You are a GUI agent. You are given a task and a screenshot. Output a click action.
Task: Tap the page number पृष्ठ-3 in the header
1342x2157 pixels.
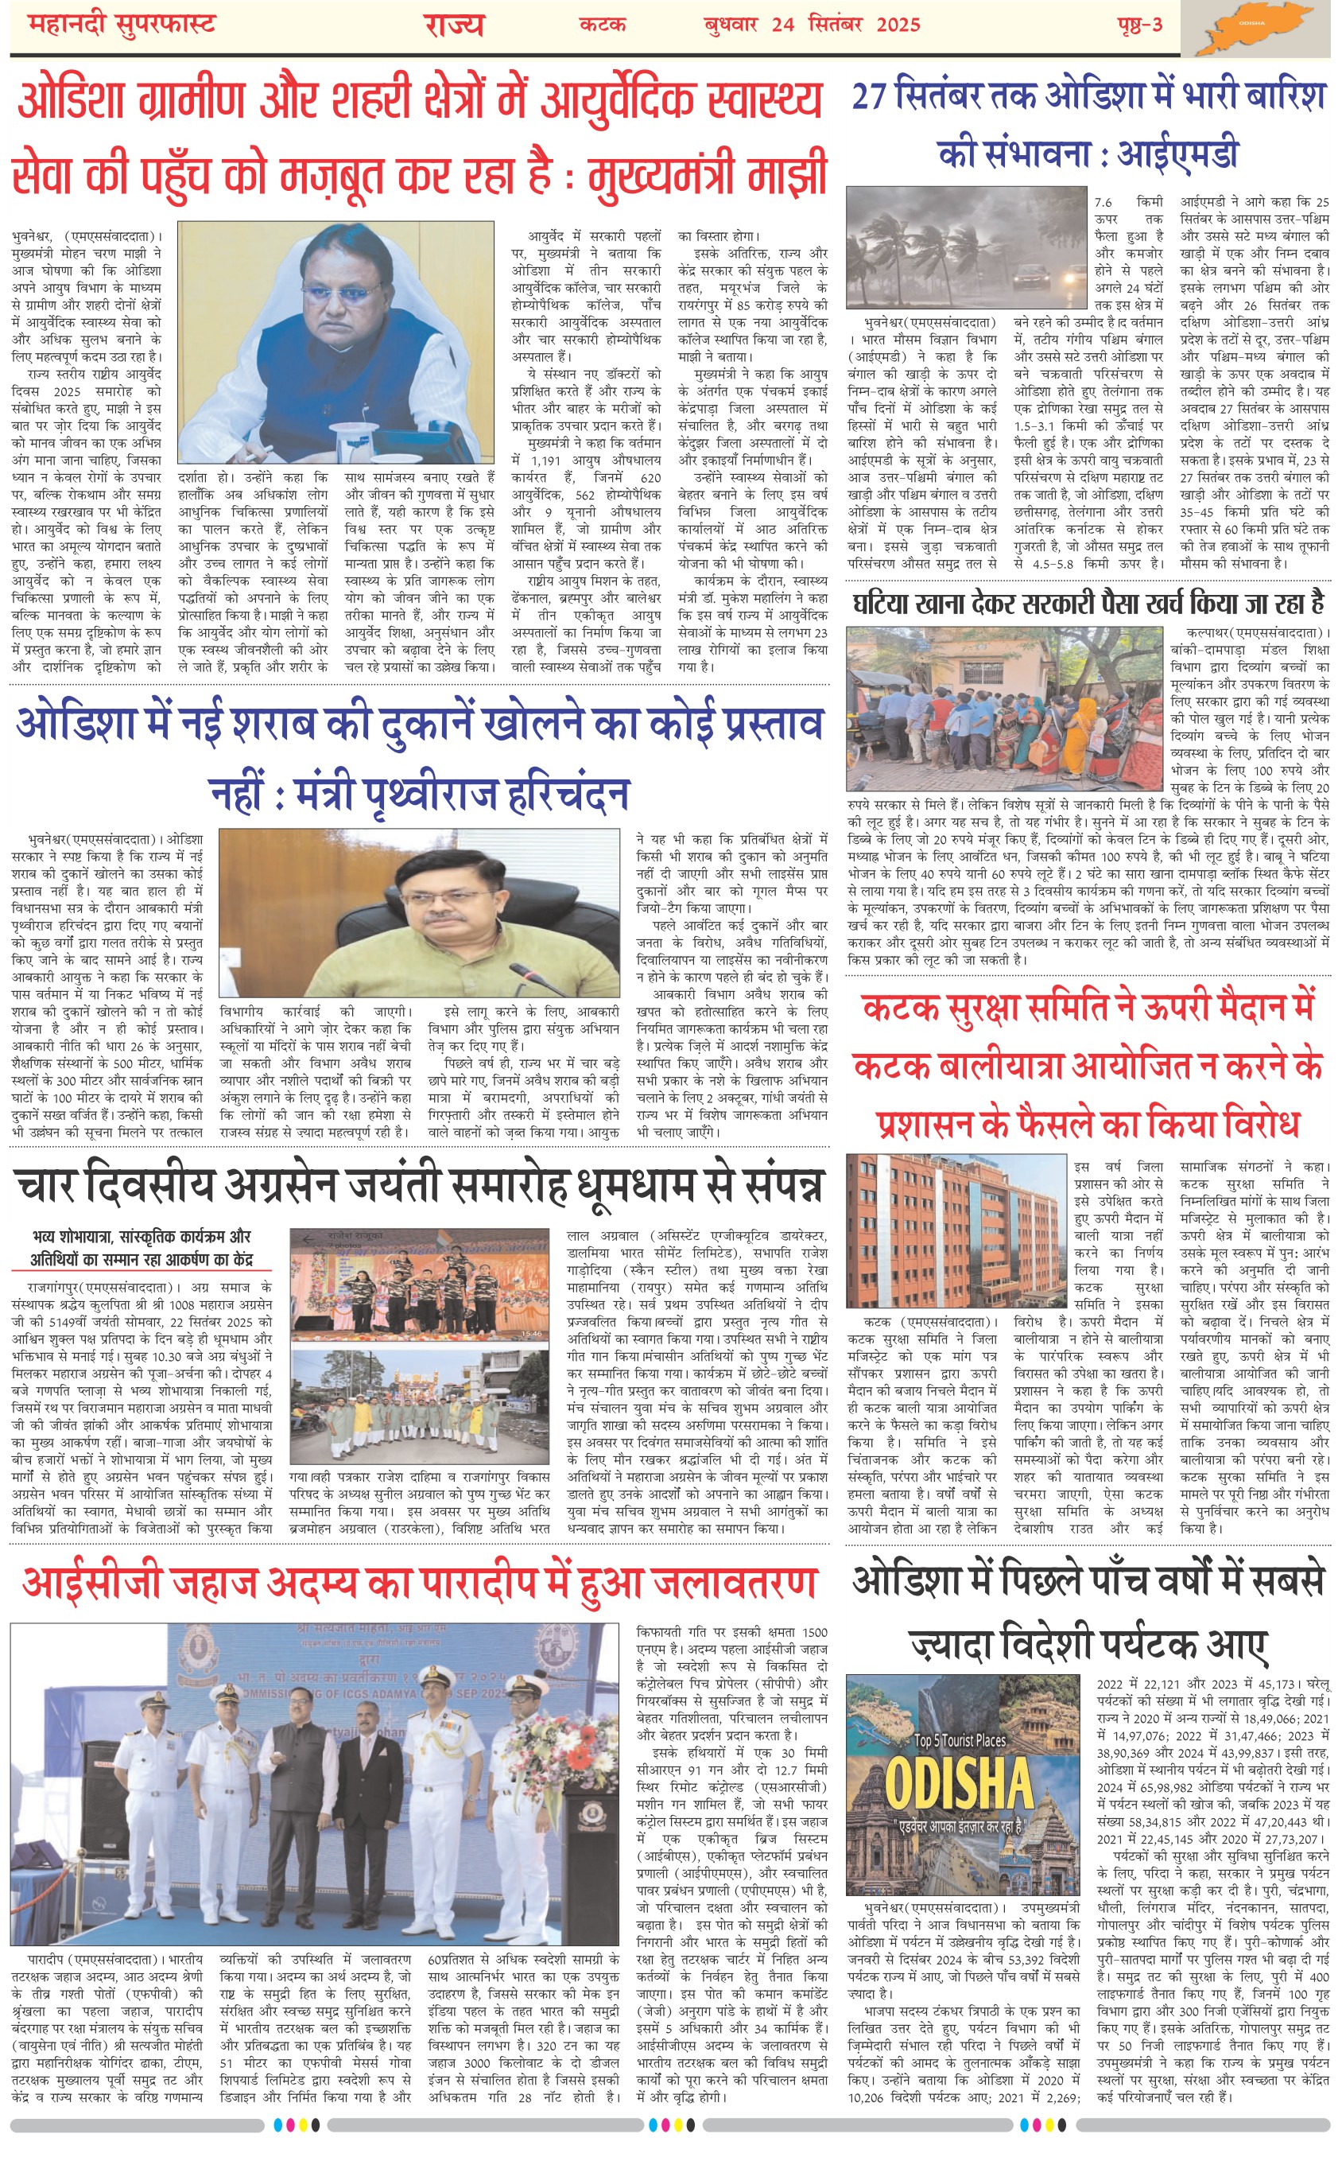(1139, 24)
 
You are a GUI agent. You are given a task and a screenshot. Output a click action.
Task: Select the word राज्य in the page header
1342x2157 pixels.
(452, 24)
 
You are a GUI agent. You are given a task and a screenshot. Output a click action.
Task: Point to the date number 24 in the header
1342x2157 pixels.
(782, 25)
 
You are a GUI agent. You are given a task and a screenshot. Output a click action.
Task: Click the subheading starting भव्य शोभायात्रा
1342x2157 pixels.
(142, 1237)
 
